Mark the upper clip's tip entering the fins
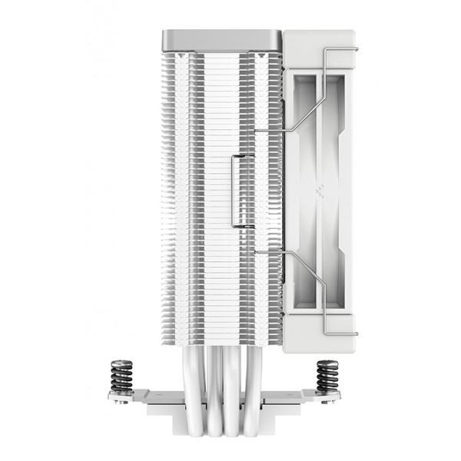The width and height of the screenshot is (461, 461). [257, 129]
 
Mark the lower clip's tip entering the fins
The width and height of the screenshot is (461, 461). [257, 251]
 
